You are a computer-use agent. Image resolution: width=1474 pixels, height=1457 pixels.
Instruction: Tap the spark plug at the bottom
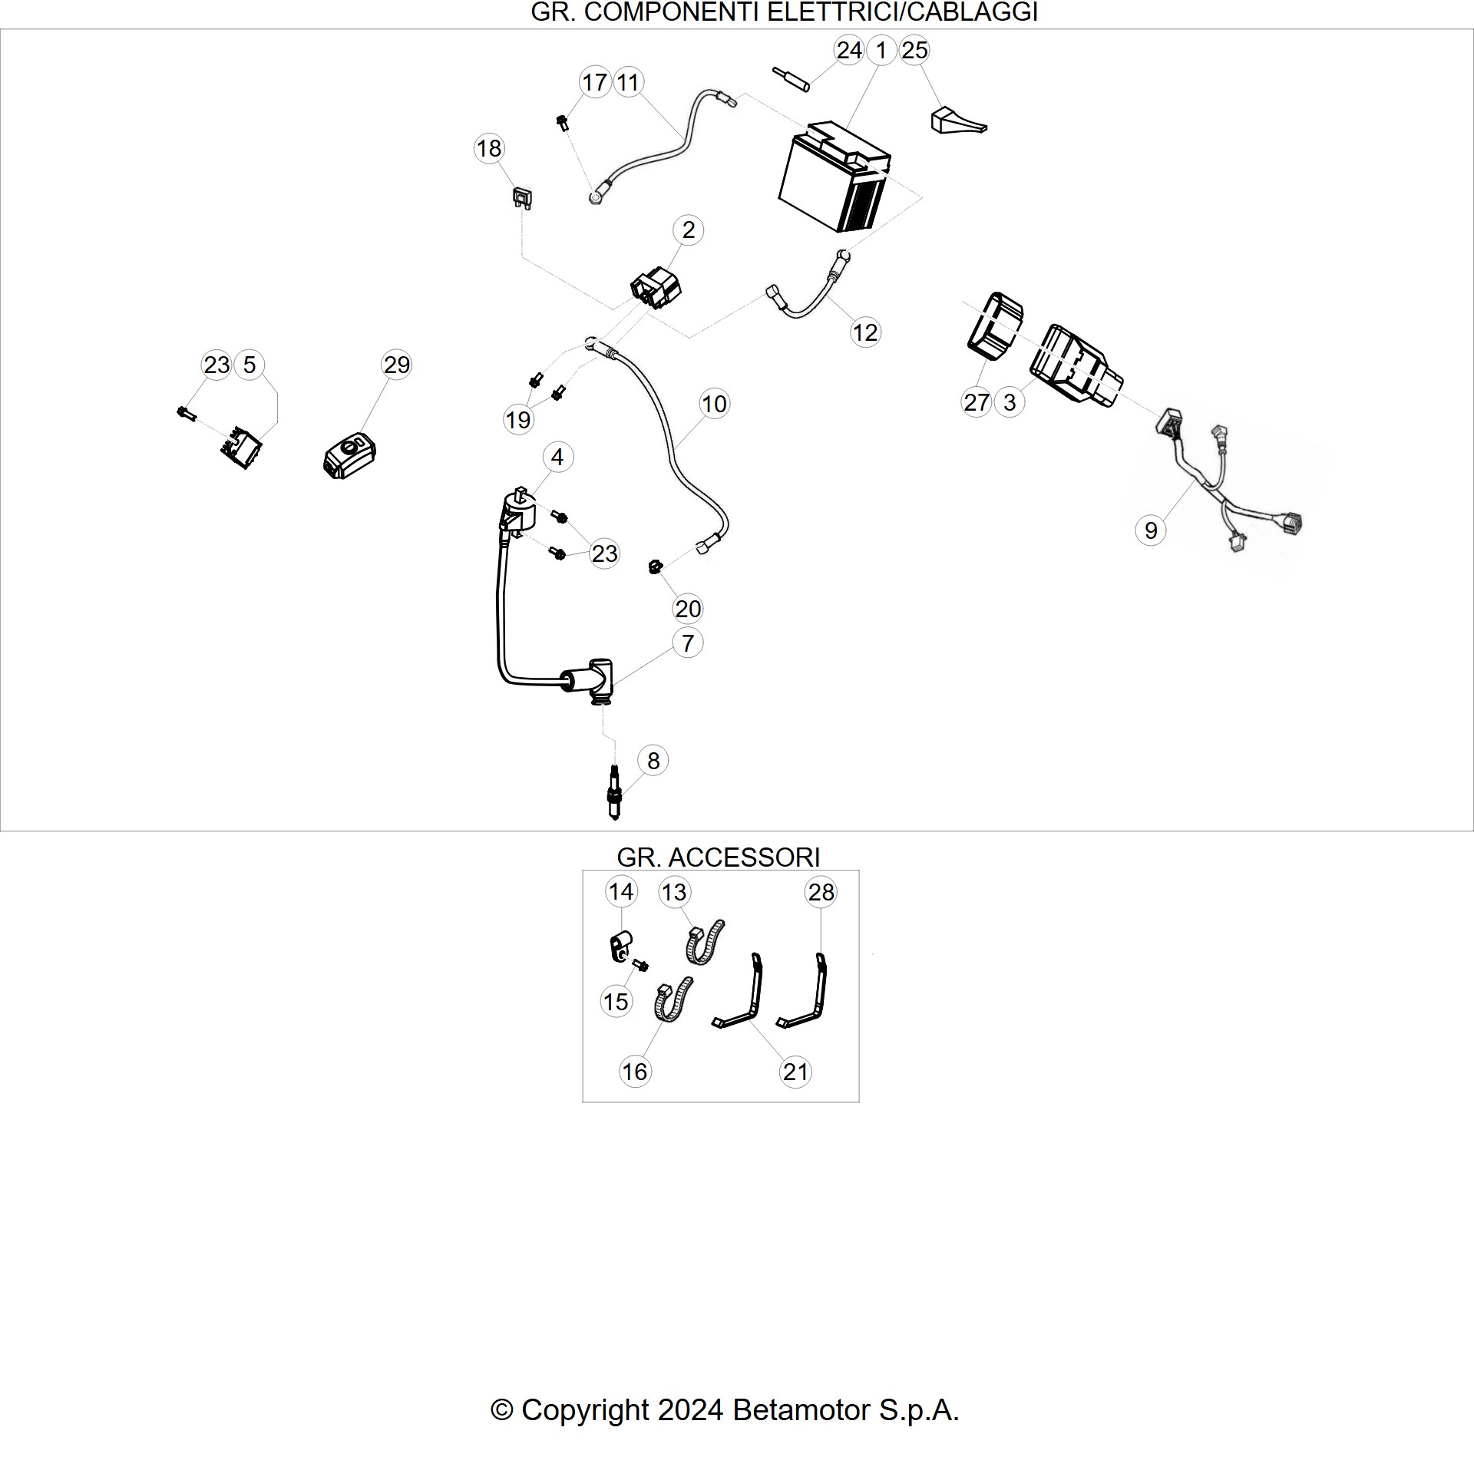(x=613, y=792)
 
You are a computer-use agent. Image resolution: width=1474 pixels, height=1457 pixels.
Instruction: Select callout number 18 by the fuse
(x=489, y=148)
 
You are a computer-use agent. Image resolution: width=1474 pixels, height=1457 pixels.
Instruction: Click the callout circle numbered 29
(x=397, y=365)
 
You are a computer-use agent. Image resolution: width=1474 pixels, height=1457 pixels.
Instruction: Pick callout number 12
(x=865, y=332)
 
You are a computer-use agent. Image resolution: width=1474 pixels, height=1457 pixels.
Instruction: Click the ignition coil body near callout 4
(x=518, y=510)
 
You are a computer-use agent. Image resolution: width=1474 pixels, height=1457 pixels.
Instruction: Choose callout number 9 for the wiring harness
(x=1150, y=530)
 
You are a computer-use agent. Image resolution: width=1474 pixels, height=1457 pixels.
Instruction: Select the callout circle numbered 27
(x=977, y=402)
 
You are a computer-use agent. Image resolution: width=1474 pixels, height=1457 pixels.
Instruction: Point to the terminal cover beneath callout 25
(x=957, y=121)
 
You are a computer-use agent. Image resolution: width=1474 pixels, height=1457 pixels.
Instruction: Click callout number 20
(x=688, y=609)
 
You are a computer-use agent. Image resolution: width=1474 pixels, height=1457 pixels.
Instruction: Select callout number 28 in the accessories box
(x=821, y=892)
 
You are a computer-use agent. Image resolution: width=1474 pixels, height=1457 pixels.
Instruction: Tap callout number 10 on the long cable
(x=714, y=404)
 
